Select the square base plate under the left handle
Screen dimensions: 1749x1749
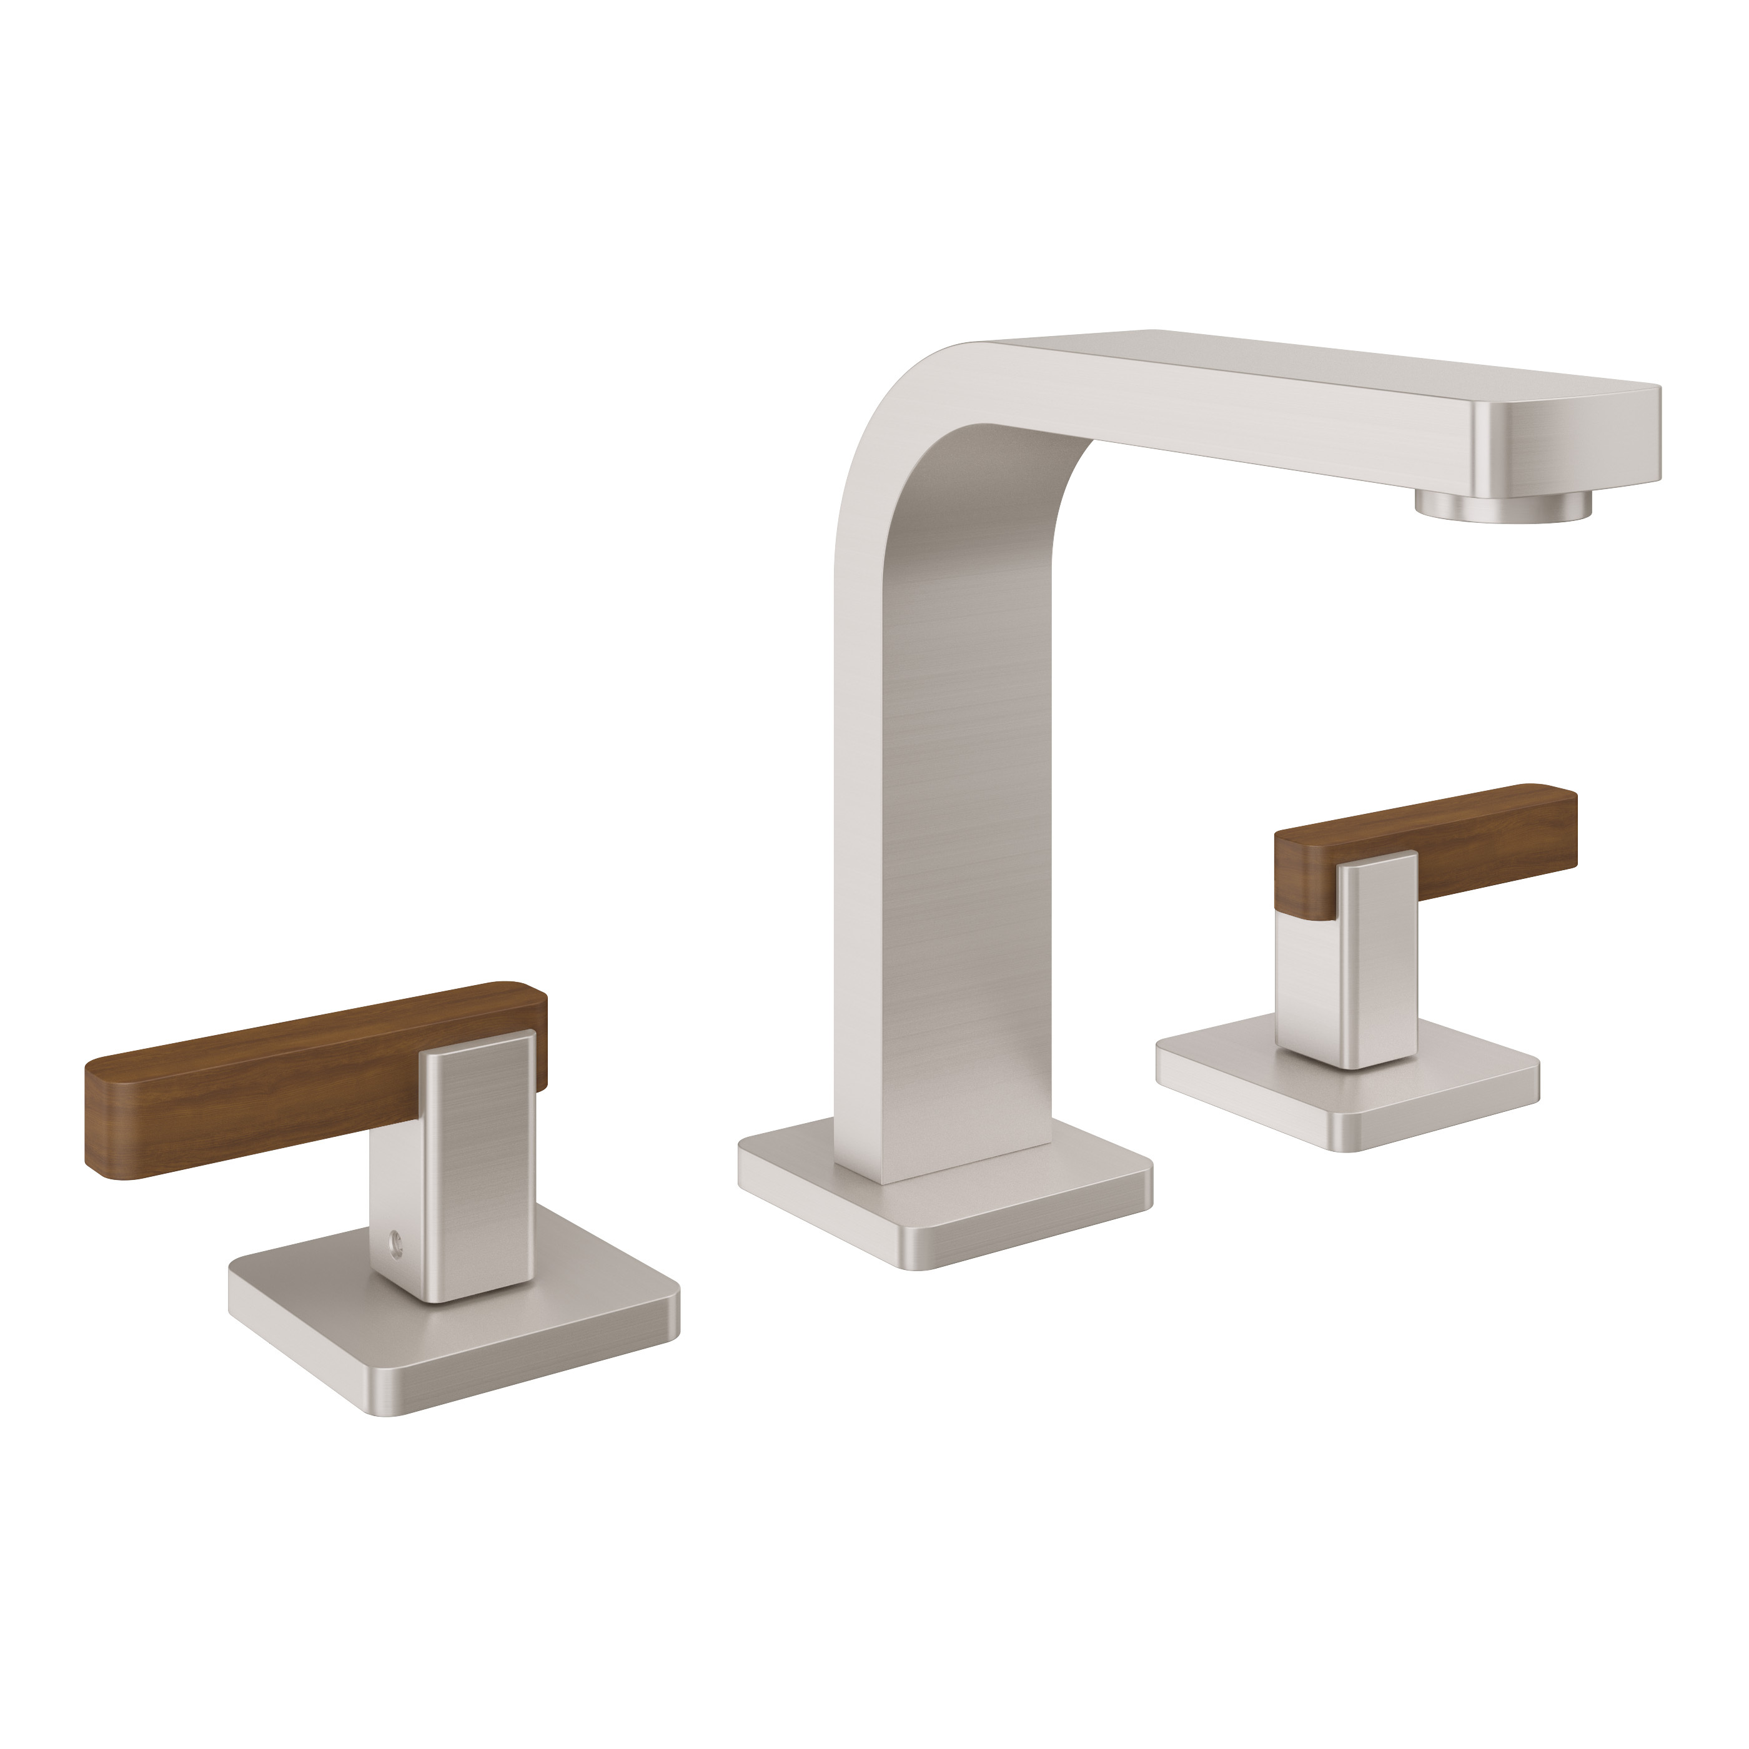[453, 1340]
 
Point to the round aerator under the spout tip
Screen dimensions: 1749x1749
[1503, 505]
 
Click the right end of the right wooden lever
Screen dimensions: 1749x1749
[1573, 828]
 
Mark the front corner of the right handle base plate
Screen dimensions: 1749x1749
[1349, 1148]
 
